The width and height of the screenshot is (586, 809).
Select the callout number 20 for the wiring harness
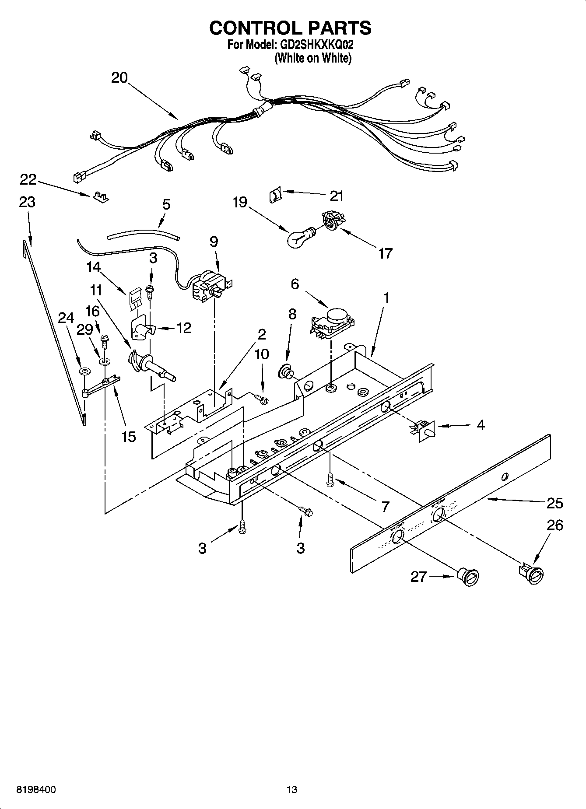pos(119,78)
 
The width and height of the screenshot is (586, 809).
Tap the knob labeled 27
pos(468,576)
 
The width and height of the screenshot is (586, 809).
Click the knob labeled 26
pos(532,574)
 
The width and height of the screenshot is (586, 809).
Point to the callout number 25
pos(554,503)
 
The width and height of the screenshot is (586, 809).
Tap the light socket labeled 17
pos(333,220)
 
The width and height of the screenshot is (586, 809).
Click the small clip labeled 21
pos(274,194)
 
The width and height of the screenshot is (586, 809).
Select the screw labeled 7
pos(329,481)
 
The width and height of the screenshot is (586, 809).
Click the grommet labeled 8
pos(287,371)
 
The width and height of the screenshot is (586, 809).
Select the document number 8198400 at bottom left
pos(36,790)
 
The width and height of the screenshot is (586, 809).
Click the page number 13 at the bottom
pos(291,790)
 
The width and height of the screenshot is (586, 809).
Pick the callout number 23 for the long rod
pos(27,202)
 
